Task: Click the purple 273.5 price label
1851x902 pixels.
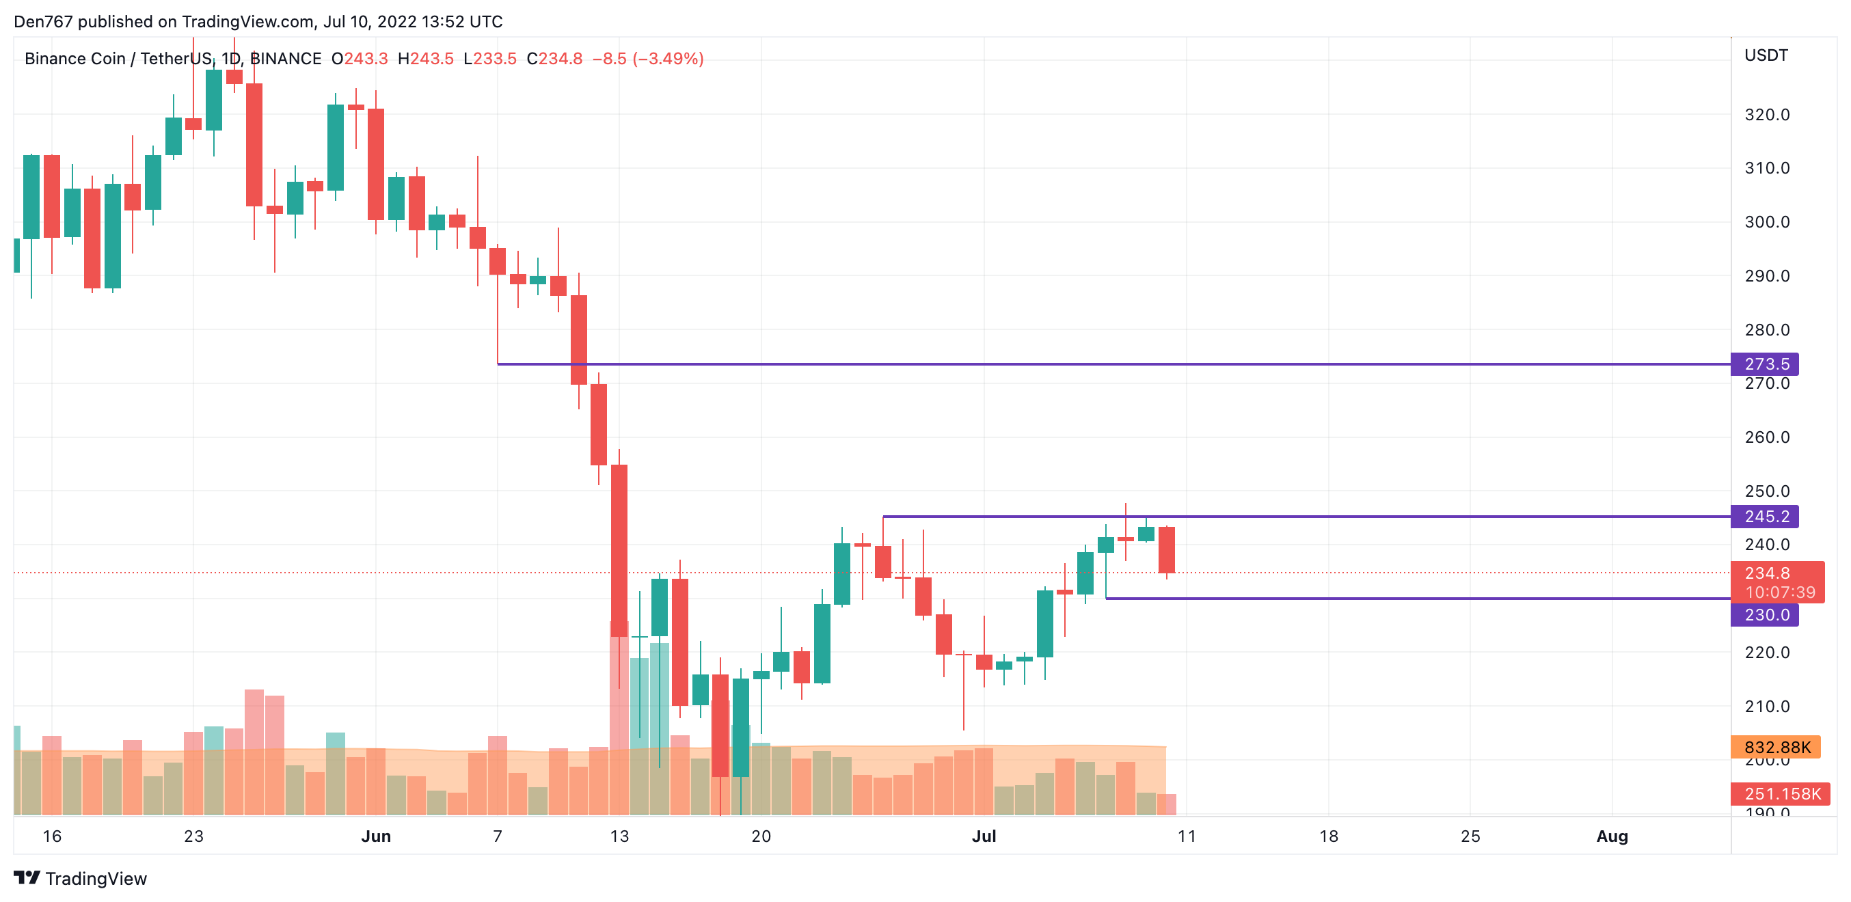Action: [x=1765, y=364]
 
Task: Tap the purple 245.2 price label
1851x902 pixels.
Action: [x=1765, y=517]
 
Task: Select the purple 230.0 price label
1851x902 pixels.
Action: [x=1765, y=615]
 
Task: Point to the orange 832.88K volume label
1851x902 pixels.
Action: [x=1776, y=747]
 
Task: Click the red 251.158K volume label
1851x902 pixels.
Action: [x=1781, y=793]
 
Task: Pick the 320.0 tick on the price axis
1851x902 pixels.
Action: [x=1767, y=115]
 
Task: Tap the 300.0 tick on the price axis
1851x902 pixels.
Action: [x=1767, y=222]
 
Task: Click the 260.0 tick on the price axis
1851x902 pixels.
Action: [x=1767, y=437]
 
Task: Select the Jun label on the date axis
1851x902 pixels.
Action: [x=376, y=836]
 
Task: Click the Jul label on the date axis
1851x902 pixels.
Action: [x=984, y=836]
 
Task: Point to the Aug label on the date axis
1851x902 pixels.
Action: [x=1612, y=836]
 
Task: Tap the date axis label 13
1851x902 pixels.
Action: [x=619, y=836]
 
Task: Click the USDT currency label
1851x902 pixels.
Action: [x=1766, y=55]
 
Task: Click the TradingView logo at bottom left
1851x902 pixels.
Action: [x=81, y=878]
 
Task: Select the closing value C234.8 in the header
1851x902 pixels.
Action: [x=554, y=59]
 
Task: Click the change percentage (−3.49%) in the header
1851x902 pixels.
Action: [x=668, y=59]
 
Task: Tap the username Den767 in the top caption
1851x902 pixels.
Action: [x=43, y=22]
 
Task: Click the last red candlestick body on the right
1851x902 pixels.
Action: [x=1166, y=549]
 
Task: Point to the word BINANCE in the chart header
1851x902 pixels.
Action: [x=286, y=59]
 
